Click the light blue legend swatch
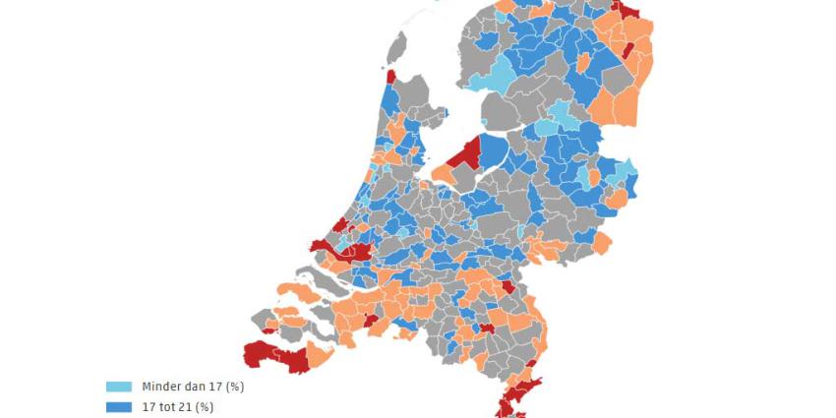click(x=118, y=387)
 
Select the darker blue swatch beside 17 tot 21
click(x=118, y=406)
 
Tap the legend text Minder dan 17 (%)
click(x=193, y=387)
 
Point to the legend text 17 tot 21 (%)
click(x=177, y=406)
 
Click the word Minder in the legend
click(x=161, y=387)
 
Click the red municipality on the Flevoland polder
click(x=464, y=155)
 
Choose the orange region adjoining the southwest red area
click(x=318, y=354)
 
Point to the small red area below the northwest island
click(x=390, y=76)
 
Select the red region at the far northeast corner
click(x=626, y=10)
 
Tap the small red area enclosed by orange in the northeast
click(x=627, y=49)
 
